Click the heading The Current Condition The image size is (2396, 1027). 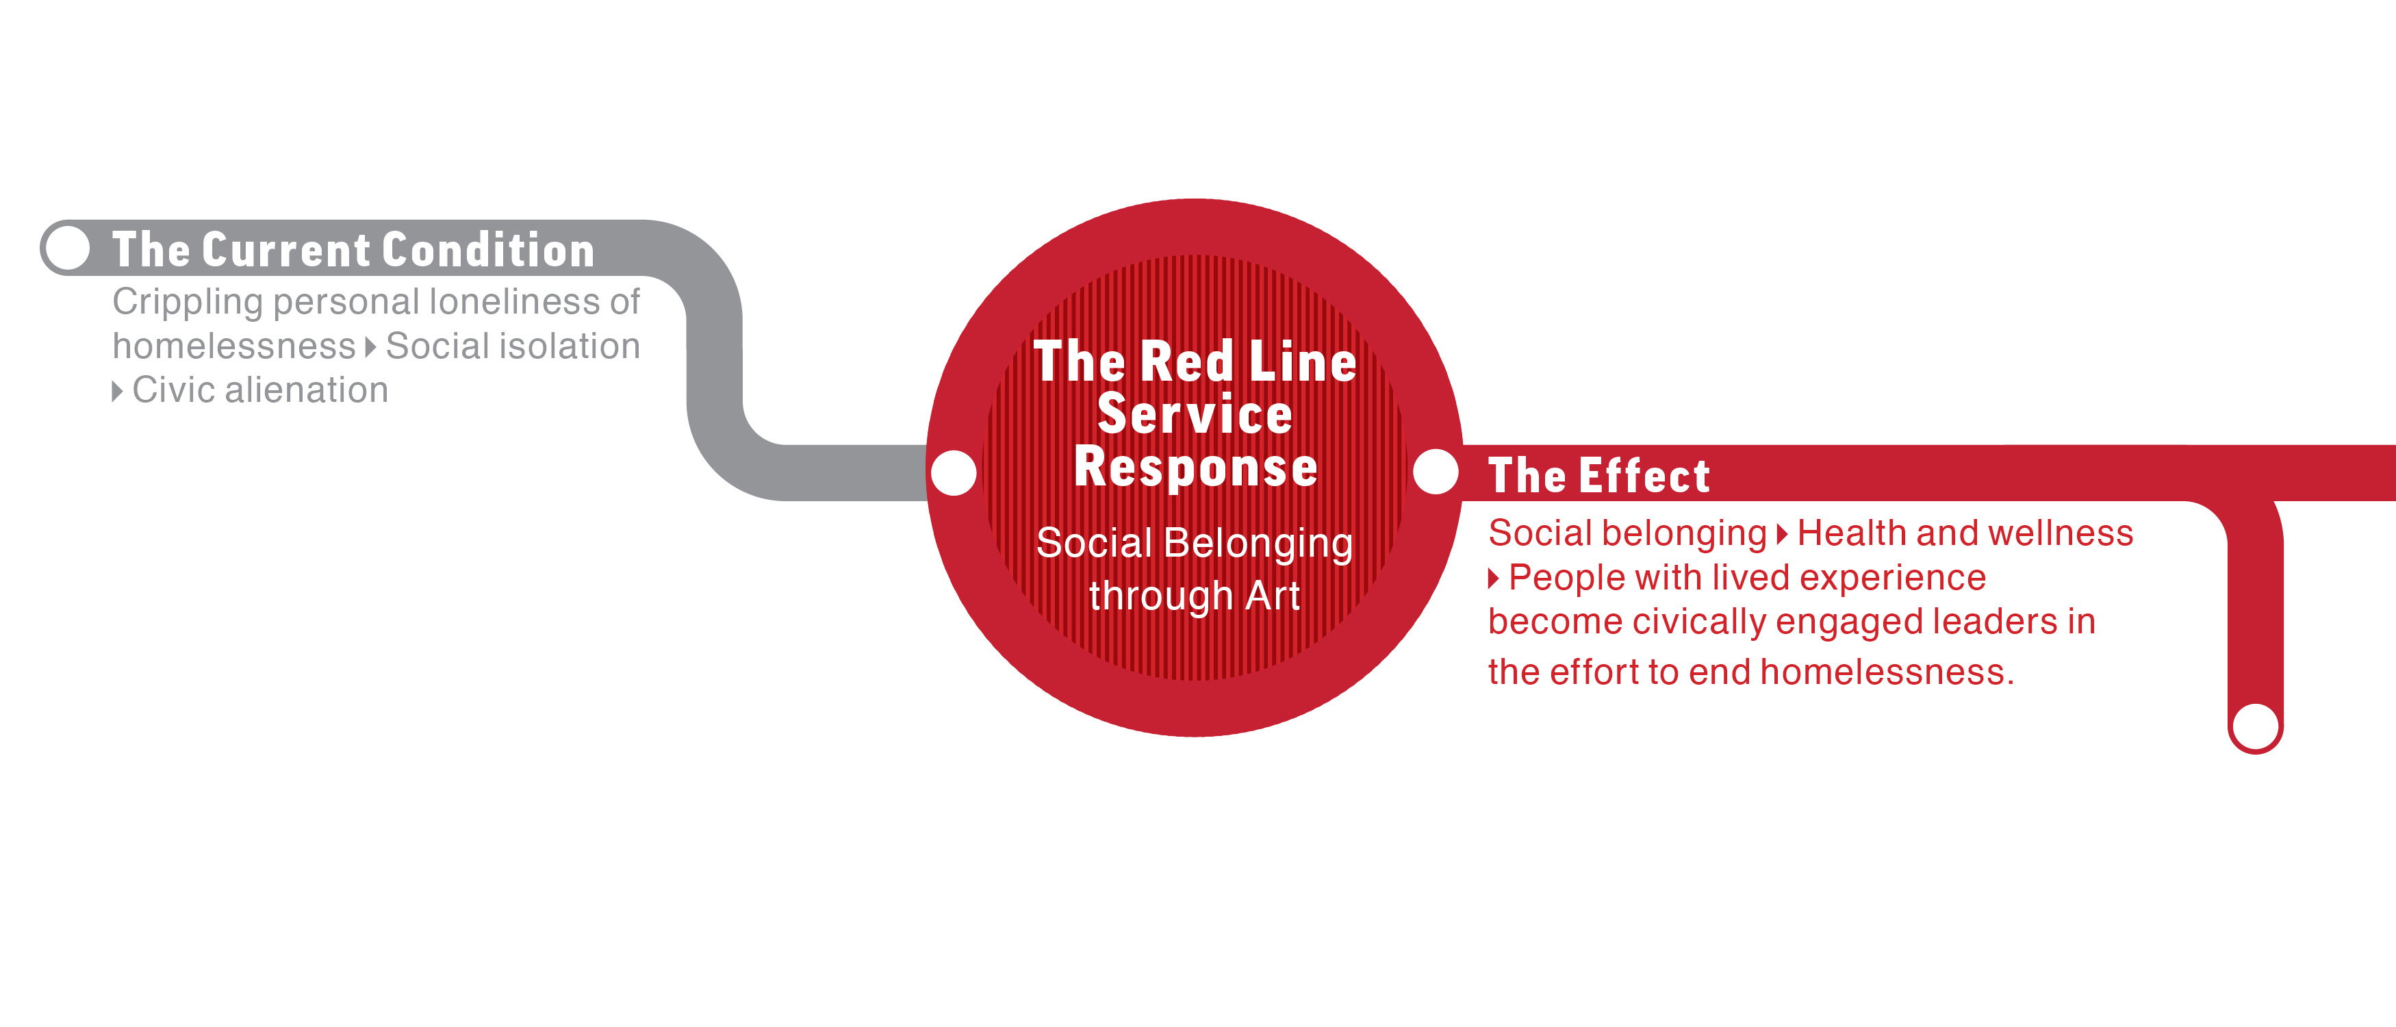(x=353, y=250)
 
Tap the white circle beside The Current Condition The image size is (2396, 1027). (x=68, y=247)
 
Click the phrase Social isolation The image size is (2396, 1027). (x=513, y=346)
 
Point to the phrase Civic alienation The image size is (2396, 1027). (x=259, y=390)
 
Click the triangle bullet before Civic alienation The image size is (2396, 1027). (x=117, y=391)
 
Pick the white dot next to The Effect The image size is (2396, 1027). (x=1435, y=472)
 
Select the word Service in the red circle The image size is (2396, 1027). (x=1195, y=414)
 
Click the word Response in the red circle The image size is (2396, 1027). (x=1195, y=466)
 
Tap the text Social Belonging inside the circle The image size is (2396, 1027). (x=1195, y=543)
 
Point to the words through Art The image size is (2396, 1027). (x=1195, y=596)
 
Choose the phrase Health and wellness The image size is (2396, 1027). (x=1965, y=533)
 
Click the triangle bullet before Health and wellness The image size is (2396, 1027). (x=1782, y=534)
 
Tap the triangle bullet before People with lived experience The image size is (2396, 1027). (x=1494, y=579)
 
